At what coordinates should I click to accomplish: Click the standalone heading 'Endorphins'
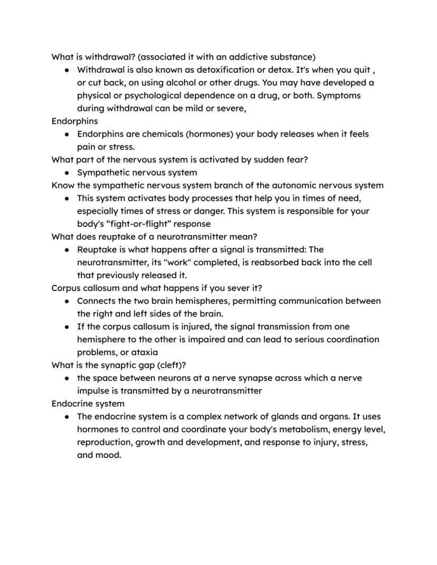tap(74, 121)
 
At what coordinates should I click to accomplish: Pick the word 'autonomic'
tap(293, 185)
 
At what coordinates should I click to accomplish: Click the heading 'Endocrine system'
tap(88, 404)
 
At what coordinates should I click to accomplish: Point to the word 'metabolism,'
tap(299, 429)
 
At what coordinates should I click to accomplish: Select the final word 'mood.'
tap(109, 455)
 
